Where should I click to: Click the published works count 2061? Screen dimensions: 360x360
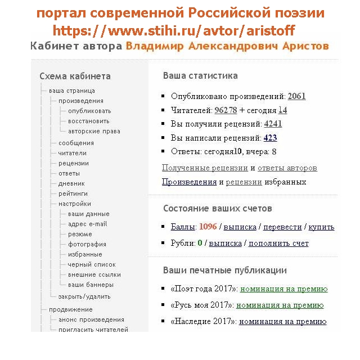296,96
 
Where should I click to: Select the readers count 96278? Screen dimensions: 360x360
226,110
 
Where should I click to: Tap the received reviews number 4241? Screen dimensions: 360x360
273,124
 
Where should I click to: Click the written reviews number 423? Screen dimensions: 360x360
270,138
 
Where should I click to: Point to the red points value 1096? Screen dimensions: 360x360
208,227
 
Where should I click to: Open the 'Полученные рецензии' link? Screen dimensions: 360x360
205,168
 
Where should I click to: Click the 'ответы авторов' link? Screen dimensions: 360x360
287,168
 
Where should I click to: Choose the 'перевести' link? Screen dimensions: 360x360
282,227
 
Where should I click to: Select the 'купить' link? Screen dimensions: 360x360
321,227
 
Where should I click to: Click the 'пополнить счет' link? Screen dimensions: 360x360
278,244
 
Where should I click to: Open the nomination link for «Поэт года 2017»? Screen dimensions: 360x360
283,289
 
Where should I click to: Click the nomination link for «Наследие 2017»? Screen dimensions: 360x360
282,322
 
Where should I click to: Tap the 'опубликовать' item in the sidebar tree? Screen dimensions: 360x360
89,111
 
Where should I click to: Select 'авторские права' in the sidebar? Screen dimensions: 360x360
94,132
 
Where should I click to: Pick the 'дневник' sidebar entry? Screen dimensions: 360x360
71,183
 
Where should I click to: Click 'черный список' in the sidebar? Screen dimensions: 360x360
92,264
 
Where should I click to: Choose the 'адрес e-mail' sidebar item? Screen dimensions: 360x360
87,224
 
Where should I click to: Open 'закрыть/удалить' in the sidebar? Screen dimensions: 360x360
84,296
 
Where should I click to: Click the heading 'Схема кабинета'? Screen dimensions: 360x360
75,76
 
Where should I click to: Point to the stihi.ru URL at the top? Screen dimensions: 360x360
174,31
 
